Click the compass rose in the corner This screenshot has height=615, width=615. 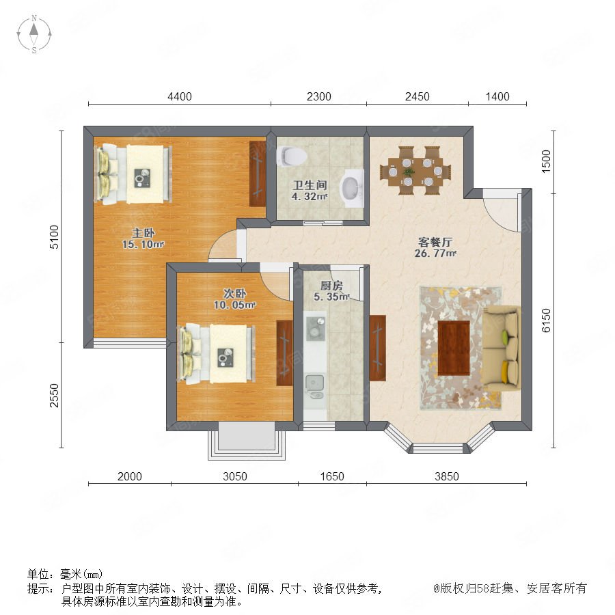[34, 34]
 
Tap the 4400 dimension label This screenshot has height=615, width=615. [180, 96]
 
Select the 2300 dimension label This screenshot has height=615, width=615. [319, 96]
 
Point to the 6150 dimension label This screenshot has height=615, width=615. [546, 320]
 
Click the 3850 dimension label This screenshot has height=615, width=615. [447, 476]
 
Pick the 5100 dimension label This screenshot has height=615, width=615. [54, 237]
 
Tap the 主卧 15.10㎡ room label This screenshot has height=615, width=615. [143, 238]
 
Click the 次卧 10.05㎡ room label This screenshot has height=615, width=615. [234, 299]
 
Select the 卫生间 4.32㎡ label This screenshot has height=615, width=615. [310, 191]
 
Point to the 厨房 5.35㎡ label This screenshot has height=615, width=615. [331, 291]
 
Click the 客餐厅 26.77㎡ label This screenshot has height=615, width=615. [435, 247]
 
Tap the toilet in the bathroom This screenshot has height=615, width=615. [291, 156]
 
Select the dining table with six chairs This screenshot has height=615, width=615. [415, 171]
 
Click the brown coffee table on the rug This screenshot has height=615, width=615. [454, 348]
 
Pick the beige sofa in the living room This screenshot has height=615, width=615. [502, 348]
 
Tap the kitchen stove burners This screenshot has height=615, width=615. [315, 327]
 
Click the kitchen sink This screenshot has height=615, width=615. [314, 386]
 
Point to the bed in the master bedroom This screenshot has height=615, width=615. [133, 174]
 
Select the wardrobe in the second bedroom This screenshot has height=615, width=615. [284, 353]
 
